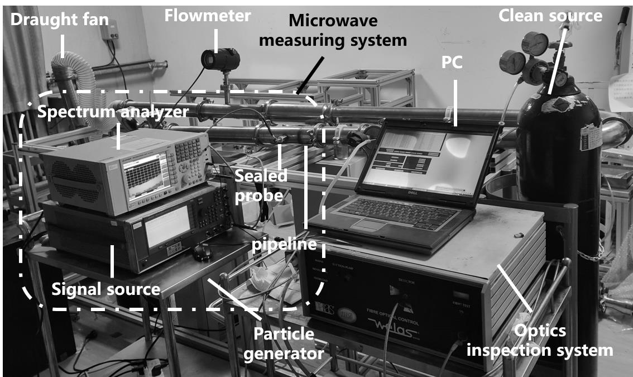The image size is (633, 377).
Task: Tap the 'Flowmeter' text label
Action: [x=207, y=16]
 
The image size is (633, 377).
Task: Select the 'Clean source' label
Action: [x=550, y=16]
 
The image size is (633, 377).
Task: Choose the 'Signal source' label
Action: [x=106, y=289]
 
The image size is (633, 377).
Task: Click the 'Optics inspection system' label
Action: [x=540, y=341]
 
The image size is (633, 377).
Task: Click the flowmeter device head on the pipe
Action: [x=220, y=59]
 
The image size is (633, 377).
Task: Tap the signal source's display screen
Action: [x=167, y=225]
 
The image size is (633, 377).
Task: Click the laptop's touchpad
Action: [x=368, y=225]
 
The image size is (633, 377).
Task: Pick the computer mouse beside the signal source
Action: [x=202, y=252]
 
